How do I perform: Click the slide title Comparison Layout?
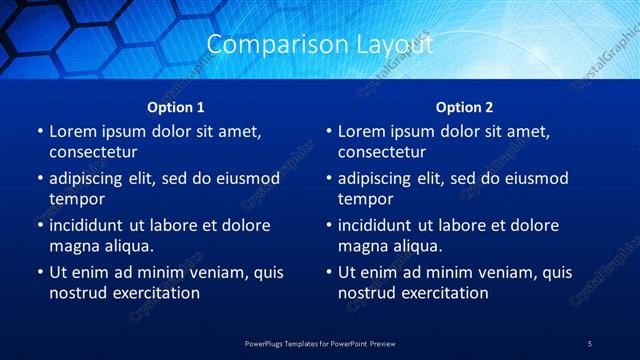(x=319, y=45)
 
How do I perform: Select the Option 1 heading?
(x=176, y=107)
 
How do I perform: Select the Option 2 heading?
(x=465, y=107)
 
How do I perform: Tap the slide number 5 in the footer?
(x=590, y=343)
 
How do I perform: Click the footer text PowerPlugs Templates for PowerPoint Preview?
(x=320, y=343)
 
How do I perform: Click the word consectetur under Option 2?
(x=381, y=152)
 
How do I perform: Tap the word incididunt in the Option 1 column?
(x=93, y=225)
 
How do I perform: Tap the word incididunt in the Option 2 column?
(x=382, y=225)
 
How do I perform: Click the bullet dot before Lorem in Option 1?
(x=39, y=132)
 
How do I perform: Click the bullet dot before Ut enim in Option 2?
(x=328, y=272)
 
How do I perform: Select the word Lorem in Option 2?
(x=362, y=131)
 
